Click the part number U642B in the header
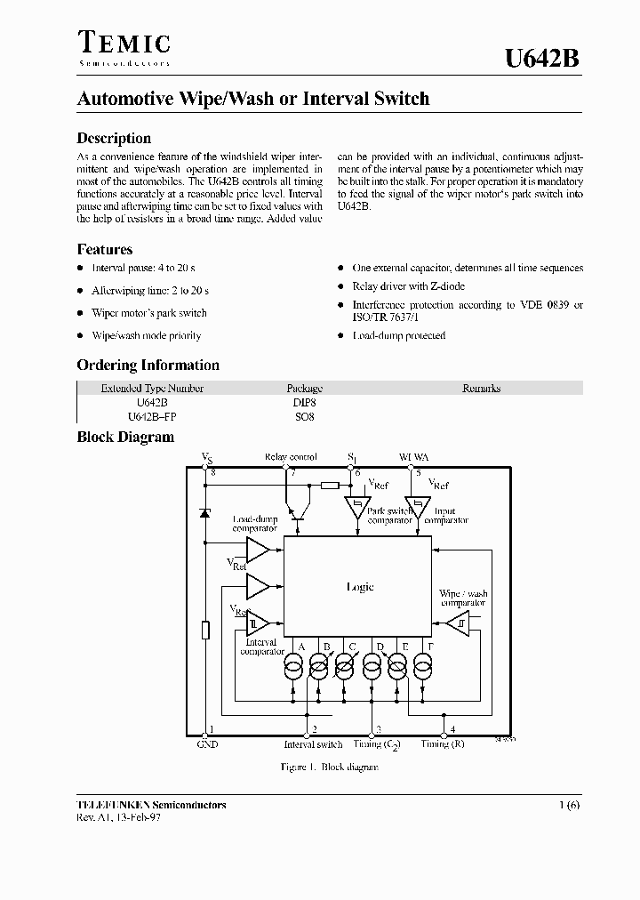[x=542, y=59]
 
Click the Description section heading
[x=114, y=138]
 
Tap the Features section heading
[x=105, y=250]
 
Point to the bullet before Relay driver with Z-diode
[x=340, y=286]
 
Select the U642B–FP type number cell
[x=152, y=416]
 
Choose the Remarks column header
[x=481, y=389]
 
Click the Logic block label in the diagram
[x=359, y=587]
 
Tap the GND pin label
[x=207, y=744]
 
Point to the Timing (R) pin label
[x=442, y=744]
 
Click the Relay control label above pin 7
[x=291, y=457]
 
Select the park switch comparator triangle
[x=356, y=508]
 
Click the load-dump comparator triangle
[x=258, y=549]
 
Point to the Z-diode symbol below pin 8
[x=206, y=513]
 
